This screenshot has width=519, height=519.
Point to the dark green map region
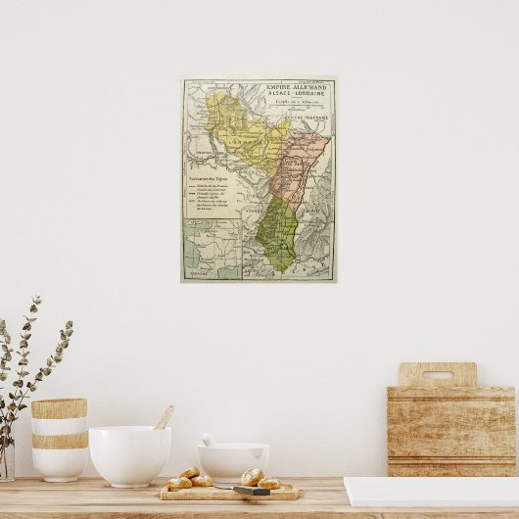tap(280, 235)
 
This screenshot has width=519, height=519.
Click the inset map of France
tap(211, 249)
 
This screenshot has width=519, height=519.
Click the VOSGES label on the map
tap(254, 210)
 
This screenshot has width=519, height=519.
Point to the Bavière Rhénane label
tap(310, 117)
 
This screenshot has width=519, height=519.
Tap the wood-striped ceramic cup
tap(59, 438)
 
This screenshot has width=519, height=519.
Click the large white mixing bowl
tap(129, 455)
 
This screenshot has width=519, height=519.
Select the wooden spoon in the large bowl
tap(164, 417)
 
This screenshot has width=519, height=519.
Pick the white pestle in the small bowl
tap(209, 440)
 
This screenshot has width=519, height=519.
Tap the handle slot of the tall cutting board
tap(437, 374)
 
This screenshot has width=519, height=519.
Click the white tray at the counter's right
tap(431, 492)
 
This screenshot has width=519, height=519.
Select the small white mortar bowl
tap(233, 462)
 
